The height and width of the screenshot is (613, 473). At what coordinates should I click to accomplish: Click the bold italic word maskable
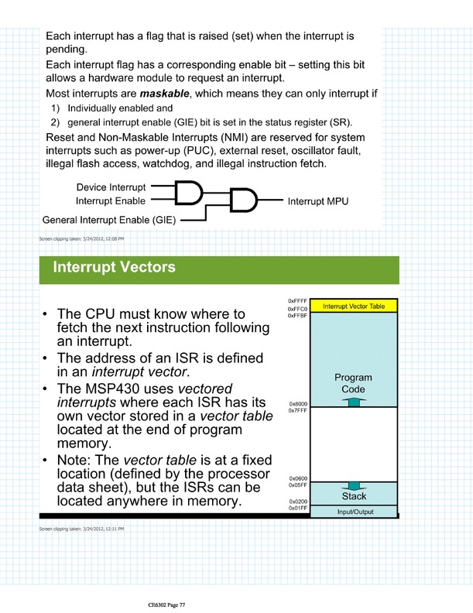click(164, 94)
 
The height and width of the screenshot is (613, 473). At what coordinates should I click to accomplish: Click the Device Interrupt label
click(111, 187)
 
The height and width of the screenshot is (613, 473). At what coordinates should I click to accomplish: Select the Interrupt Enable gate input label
click(111, 201)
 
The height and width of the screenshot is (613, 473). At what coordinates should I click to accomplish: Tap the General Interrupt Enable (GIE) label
click(109, 220)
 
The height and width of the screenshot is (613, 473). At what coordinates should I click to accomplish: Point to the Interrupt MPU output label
click(318, 201)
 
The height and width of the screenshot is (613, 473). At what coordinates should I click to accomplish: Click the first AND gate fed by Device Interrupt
click(188, 193)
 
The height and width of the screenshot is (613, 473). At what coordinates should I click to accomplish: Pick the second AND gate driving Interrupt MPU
click(243, 200)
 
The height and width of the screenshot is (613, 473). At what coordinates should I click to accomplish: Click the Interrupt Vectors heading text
click(114, 267)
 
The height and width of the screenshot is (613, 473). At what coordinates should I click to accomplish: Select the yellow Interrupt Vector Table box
click(354, 306)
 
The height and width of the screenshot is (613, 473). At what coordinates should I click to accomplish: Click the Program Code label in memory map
click(353, 383)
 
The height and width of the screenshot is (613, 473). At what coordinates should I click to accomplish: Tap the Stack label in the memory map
click(354, 496)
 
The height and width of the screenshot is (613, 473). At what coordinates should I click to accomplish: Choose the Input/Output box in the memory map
click(354, 512)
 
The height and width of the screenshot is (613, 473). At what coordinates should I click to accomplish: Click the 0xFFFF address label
click(297, 301)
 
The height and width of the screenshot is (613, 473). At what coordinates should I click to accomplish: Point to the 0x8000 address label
click(298, 404)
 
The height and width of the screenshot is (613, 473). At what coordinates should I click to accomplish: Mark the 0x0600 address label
click(298, 478)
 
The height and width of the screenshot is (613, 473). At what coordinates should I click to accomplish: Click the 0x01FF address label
click(298, 509)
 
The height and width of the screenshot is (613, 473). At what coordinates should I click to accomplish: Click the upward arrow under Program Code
click(354, 402)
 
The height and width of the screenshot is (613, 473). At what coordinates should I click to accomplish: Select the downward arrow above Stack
click(354, 486)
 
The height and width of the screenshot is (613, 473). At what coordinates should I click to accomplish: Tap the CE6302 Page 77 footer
click(166, 604)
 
